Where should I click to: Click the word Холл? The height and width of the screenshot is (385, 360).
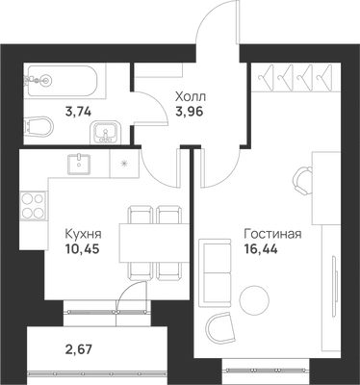191,96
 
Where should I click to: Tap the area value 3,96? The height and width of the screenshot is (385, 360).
190,112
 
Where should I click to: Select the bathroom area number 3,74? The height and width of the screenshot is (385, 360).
78,112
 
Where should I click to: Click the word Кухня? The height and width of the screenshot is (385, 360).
83,234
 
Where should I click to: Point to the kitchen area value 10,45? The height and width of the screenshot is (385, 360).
82,248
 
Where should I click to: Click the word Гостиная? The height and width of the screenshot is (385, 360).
272,234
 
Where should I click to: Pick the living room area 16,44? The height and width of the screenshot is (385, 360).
261,248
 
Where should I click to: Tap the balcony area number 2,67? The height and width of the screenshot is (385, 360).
78,348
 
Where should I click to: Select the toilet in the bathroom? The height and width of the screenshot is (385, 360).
39,125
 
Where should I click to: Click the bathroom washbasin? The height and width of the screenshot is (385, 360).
105,132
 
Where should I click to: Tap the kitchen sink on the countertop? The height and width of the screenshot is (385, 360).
79,164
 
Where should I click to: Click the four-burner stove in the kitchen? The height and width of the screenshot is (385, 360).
33,206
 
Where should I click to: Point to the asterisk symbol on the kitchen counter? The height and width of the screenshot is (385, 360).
123,164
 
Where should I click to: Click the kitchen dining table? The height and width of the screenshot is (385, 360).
154,244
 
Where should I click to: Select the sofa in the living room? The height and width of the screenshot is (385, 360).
215,272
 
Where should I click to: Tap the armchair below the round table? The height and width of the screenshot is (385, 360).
219,327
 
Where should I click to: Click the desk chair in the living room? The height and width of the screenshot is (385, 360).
302,181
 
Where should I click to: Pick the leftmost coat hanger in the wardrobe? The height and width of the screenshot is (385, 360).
267,77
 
